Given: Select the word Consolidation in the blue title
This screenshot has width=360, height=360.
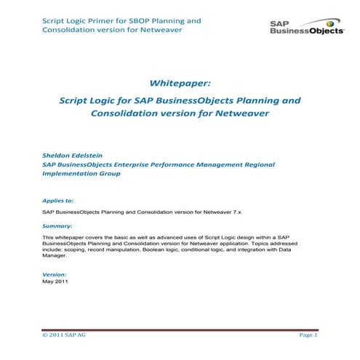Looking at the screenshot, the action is click(129, 114).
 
